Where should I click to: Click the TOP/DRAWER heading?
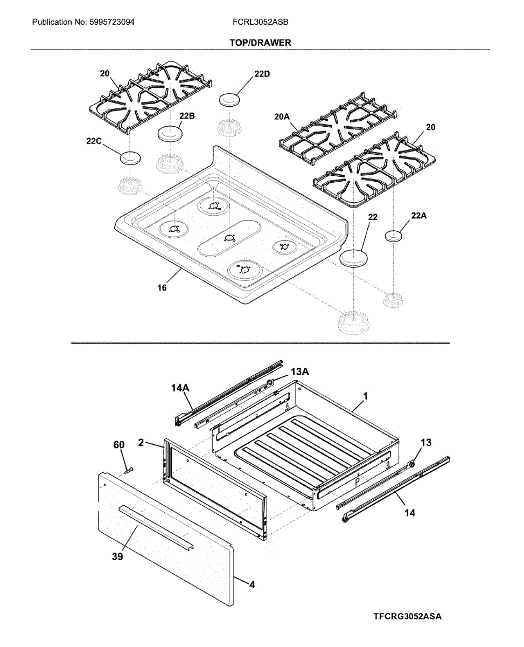[x=260, y=43]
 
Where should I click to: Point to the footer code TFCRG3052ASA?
[x=407, y=616]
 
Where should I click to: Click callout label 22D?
[x=262, y=74]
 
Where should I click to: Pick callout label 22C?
[x=94, y=141]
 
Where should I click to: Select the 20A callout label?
[x=282, y=116]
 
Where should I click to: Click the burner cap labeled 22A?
[x=394, y=235]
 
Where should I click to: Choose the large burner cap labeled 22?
[x=353, y=257]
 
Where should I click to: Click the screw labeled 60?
[x=128, y=470]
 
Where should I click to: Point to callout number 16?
[x=162, y=287]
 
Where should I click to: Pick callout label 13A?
[x=300, y=372]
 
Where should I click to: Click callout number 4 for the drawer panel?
[x=252, y=583]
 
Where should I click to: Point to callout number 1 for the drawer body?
[x=365, y=396]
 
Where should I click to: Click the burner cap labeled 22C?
[x=130, y=158]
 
